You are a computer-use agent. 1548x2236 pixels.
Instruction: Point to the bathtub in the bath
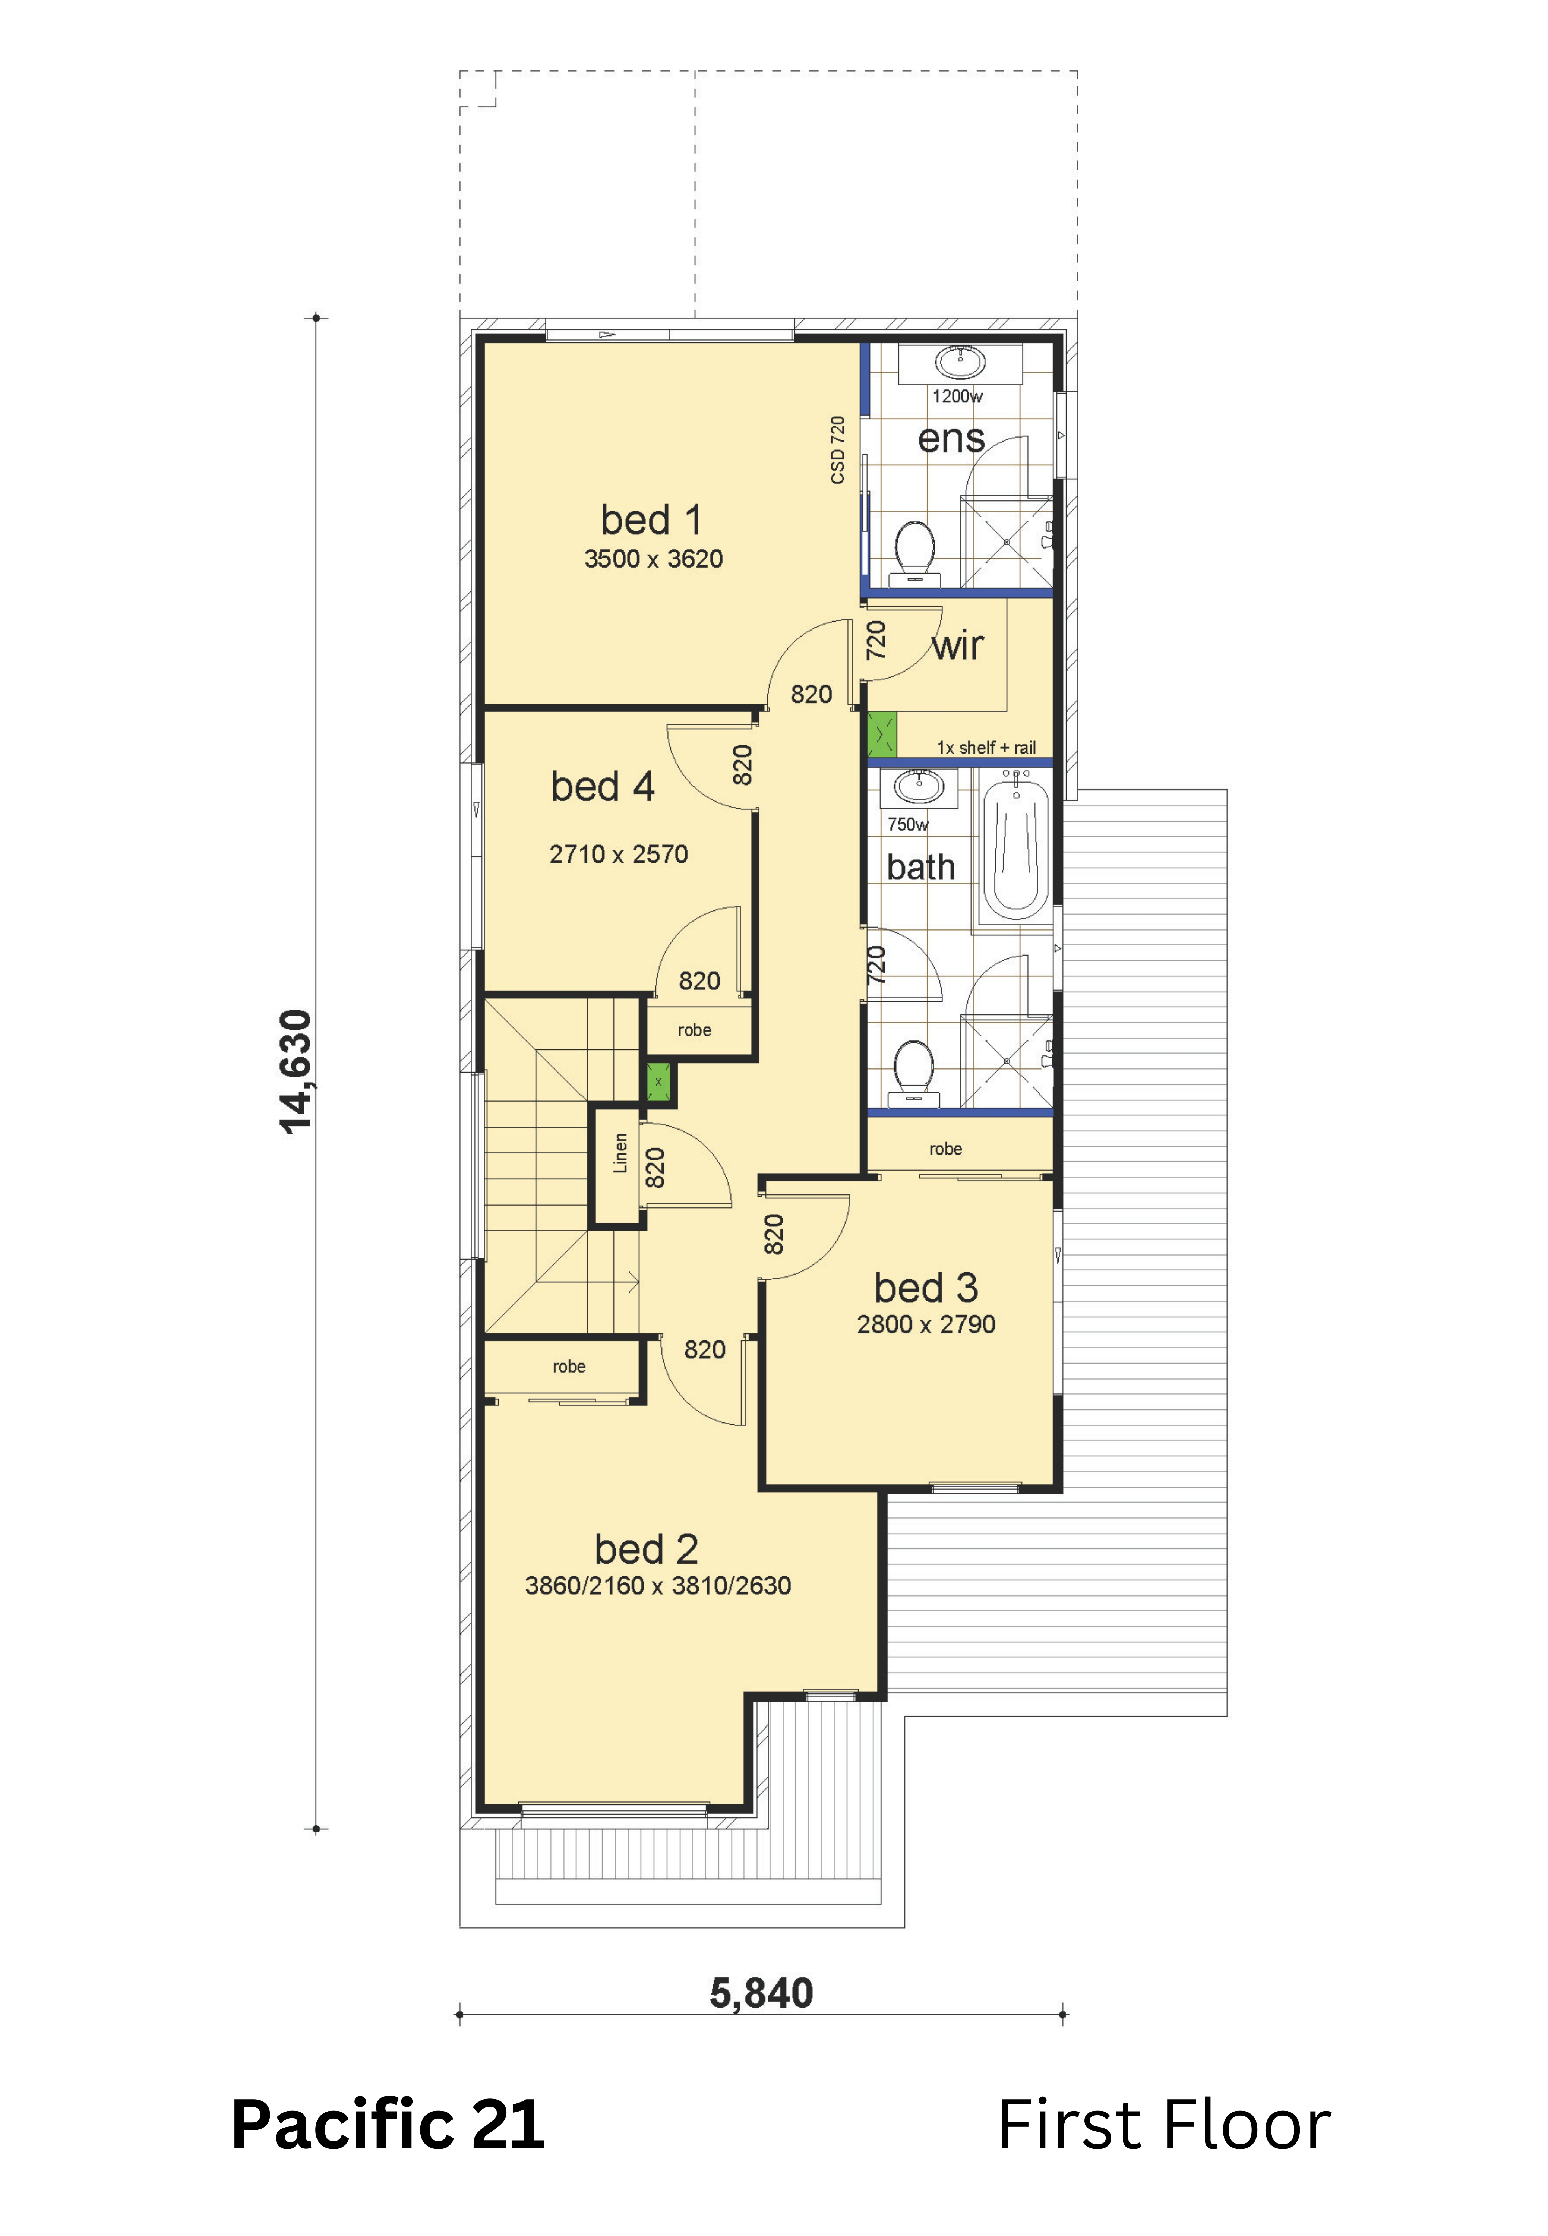1015,852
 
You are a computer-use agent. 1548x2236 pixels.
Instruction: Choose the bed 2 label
646,1549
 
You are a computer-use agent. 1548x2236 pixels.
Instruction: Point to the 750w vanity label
908,825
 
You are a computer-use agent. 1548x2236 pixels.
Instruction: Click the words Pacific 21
388,2125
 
